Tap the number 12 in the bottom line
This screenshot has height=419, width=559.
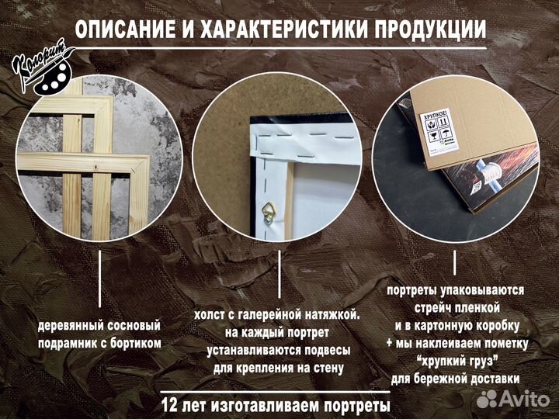[171, 405]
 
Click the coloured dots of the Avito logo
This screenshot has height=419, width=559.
[487, 399]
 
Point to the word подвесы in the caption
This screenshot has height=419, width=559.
[318, 350]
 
